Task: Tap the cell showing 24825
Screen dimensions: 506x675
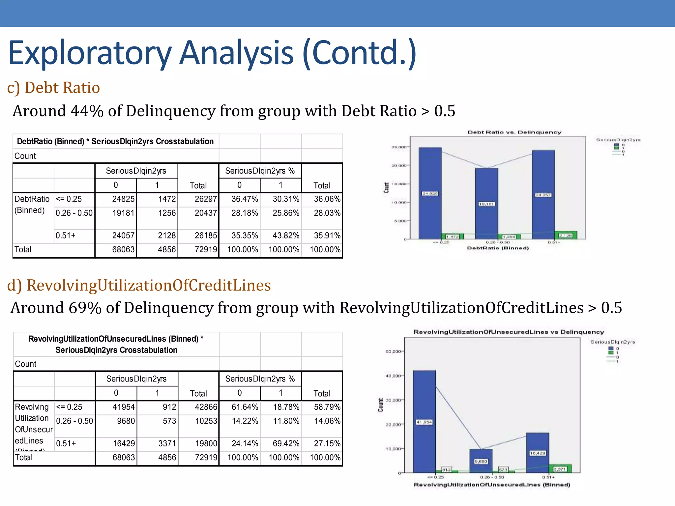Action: pos(123,199)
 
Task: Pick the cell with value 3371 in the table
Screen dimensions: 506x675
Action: pos(167,443)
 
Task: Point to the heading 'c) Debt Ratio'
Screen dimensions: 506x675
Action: pos(53,88)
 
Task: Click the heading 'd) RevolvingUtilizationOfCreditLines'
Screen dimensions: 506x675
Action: pos(139,285)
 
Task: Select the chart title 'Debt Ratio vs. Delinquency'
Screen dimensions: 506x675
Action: pos(514,132)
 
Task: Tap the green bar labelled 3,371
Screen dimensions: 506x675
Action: pos(560,468)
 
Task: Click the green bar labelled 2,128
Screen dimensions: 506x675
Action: pos(566,235)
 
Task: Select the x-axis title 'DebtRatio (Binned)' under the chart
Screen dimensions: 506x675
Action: pos(498,248)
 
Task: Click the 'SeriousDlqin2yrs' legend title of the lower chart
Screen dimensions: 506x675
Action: pos(612,342)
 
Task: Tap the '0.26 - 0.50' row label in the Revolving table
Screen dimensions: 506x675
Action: pos(74,421)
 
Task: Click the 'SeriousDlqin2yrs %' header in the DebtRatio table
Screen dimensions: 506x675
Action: pos(260,171)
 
